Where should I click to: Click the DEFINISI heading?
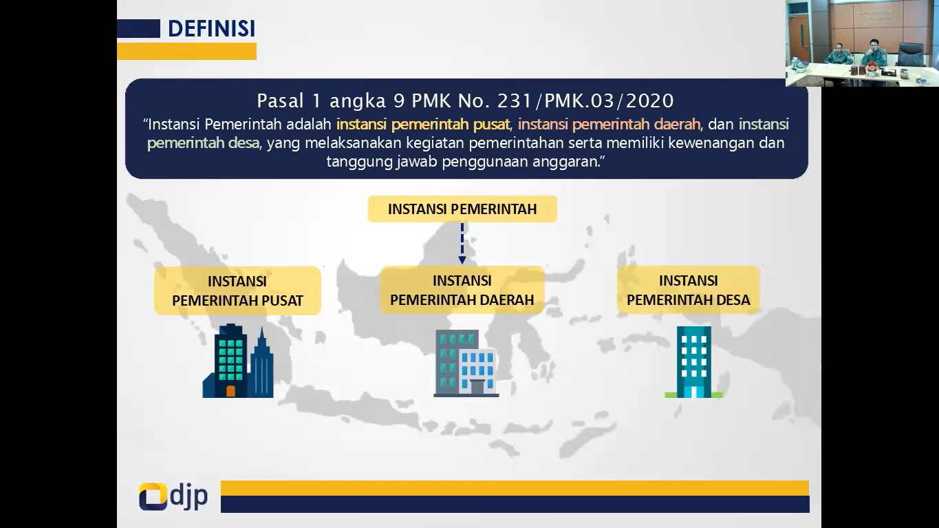click(212, 28)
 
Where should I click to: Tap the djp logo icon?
click(153, 496)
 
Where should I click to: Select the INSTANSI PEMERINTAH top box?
click(462, 209)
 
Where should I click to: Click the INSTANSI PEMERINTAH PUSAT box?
click(238, 291)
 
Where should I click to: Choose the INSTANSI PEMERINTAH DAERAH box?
click(462, 290)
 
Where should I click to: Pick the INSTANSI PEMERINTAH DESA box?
click(689, 290)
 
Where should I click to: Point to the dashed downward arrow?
click(462, 243)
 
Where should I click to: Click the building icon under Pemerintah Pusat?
click(238, 361)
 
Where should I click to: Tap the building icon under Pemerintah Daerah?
click(466, 363)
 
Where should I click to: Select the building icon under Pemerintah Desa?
click(694, 362)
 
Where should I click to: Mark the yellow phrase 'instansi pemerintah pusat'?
click(423, 124)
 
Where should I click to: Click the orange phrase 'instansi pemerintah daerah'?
click(609, 124)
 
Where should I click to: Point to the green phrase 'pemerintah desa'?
click(204, 143)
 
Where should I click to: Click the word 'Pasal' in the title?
click(280, 101)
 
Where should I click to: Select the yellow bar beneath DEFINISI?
click(186, 51)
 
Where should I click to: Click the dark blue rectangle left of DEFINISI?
click(138, 28)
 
